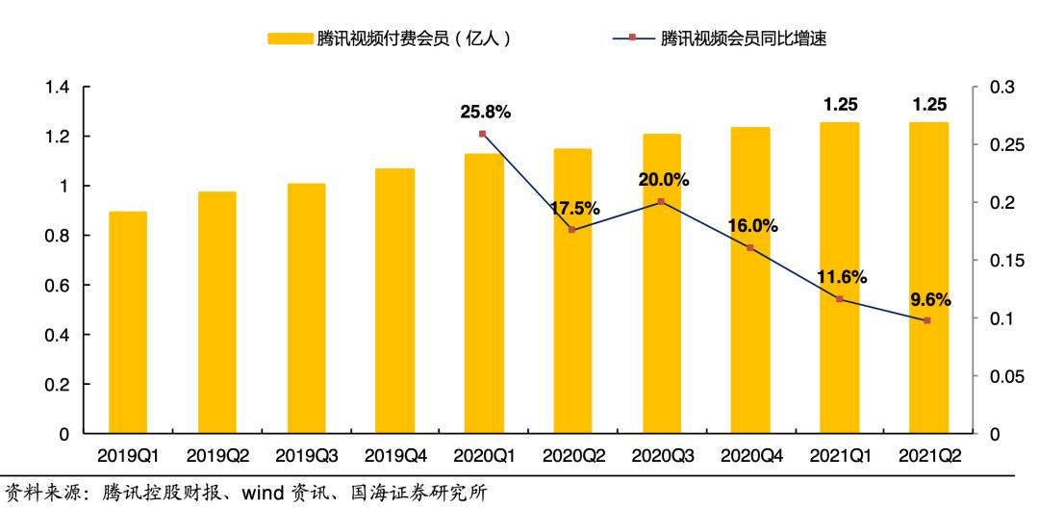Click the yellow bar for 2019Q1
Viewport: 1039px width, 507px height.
[128, 322]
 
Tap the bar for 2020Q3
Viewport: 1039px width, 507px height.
[661, 284]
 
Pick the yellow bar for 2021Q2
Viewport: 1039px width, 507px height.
[928, 278]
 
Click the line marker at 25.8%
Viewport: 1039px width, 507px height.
[482, 134]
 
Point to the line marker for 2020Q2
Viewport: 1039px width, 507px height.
[571, 230]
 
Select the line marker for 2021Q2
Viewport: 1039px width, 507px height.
[927, 320]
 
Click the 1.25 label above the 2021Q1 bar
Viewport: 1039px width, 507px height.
[839, 104]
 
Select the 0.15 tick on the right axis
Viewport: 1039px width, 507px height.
[1001, 261]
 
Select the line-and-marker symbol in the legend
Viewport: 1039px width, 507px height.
[633, 38]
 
